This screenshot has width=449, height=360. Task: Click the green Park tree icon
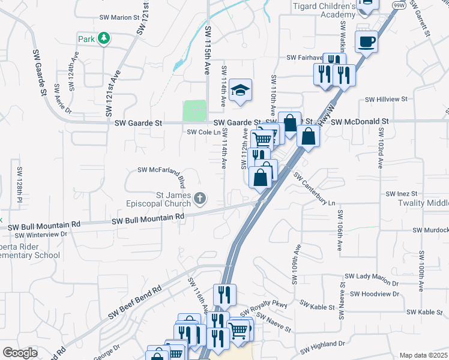click(104, 38)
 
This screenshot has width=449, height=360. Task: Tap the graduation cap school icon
click(240, 90)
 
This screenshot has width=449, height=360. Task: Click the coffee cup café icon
click(366, 41)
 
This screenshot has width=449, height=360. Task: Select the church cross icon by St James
click(200, 197)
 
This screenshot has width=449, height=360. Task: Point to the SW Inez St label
click(402, 194)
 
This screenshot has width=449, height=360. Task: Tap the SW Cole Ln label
click(200, 132)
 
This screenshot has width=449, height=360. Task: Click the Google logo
click(20, 353)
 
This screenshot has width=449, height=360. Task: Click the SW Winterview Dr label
click(38, 234)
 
